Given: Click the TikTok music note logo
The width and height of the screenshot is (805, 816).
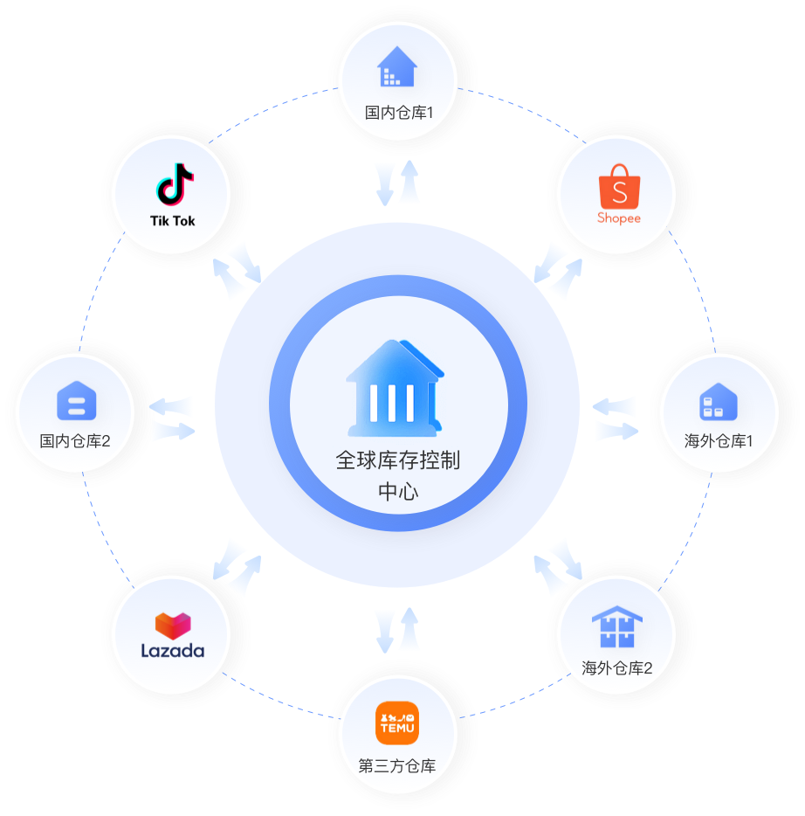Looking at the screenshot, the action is pos(175,184).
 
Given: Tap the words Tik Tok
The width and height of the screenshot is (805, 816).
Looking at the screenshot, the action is pos(173,221).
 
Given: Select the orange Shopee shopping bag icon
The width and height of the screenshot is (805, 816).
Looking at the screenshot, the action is pos(619,186).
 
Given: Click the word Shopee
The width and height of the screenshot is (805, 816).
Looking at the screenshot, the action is pos(619,218).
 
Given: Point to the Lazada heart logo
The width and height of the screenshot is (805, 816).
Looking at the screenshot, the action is pos(173,626).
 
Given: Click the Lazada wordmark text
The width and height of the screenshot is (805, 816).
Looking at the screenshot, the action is pos(173,651).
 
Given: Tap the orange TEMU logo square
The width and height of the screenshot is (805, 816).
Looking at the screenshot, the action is pos(397,723).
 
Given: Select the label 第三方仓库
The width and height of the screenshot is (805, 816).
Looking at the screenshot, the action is pos(397,766).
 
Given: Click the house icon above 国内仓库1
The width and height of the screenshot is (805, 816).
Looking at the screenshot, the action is pos(397,66).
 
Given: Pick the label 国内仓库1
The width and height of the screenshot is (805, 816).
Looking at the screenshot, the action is pos(399,113).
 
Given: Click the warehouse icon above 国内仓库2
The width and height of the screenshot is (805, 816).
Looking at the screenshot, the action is pos(77,400).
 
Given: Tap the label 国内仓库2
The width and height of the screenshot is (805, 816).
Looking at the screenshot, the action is pos(75,441).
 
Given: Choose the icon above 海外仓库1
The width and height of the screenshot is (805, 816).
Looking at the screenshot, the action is pos(719,402).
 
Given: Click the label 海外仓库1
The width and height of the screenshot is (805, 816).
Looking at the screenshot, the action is pos(719,441).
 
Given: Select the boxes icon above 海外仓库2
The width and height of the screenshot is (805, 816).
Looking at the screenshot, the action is pos(617,626).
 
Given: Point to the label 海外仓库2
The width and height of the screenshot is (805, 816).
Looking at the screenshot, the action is pos(617,668).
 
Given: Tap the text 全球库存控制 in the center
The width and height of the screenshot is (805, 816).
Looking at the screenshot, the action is pos(398,460).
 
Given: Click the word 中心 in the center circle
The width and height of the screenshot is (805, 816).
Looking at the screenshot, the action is pos(398,492).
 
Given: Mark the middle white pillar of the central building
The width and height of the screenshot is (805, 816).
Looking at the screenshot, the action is pos(391,404).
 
